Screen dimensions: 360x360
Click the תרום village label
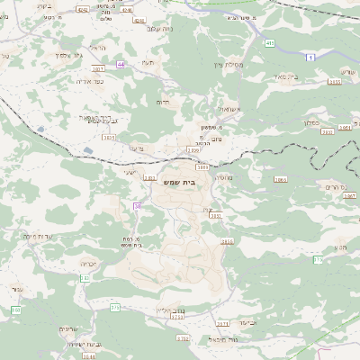click(x=163, y=103)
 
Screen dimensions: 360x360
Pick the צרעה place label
click(x=137, y=148)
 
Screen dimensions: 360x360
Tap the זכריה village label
click(x=88, y=265)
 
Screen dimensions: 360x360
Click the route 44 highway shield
click(x=121, y=65)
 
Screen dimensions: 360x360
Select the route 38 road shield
click(x=138, y=206)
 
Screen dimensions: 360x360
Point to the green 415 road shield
click(x=270, y=42)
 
